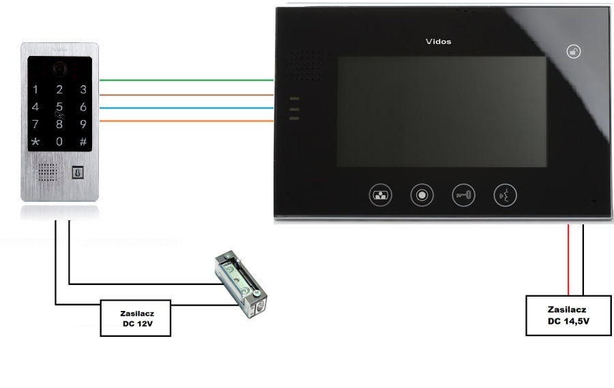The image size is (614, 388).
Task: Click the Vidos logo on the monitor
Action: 438,42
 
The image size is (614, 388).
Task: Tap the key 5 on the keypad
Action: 59,106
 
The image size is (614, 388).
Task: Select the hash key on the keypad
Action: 83,141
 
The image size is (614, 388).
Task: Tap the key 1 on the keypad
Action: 35,89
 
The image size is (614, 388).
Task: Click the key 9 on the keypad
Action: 83,124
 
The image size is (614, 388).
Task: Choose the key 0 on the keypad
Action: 59,141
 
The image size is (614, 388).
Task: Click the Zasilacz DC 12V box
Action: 135,318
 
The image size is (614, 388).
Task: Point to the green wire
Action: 184,80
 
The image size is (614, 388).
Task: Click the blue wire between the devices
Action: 184,108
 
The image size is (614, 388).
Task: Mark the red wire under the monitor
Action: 568,258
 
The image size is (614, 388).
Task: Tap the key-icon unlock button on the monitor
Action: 463,195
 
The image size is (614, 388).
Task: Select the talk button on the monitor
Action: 505,195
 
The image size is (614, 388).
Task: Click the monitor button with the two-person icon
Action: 380,195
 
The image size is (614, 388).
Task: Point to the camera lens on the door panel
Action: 60,68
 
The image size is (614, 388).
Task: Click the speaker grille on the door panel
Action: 48,172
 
